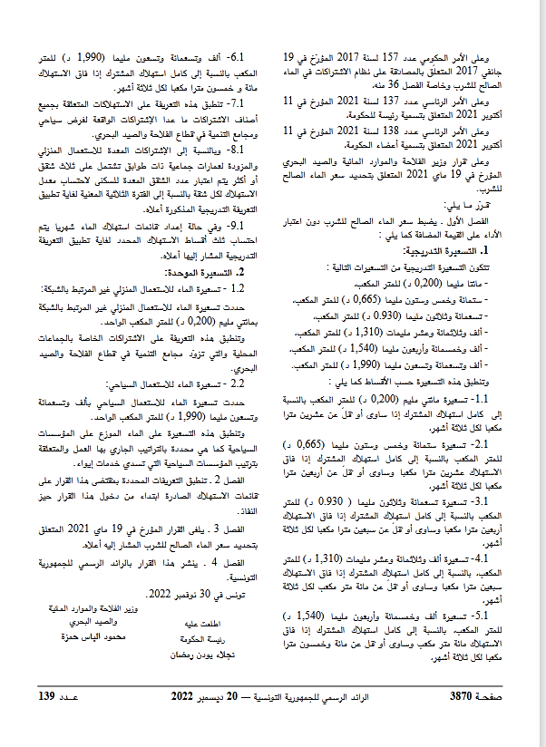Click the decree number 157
point(393,56)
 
